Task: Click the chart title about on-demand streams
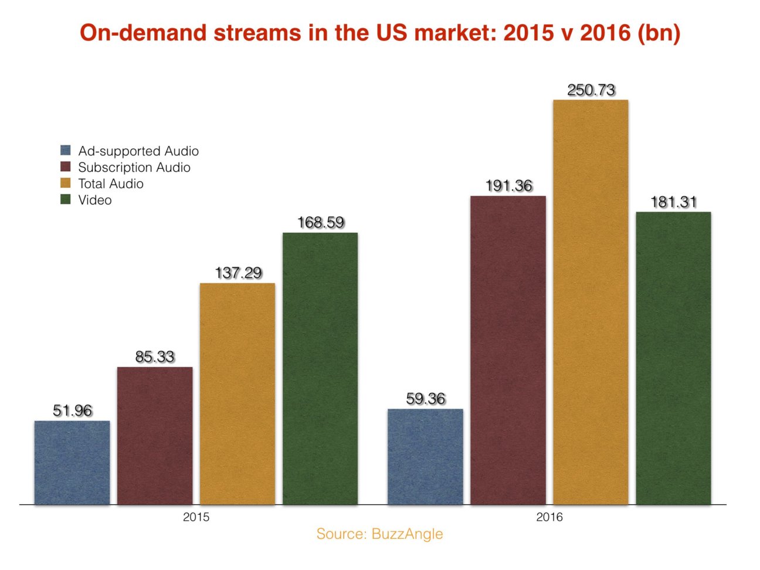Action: (380, 33)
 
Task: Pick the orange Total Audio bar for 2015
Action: (238, 393)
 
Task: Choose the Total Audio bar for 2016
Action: (591, 302)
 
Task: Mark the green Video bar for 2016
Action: (673, 358)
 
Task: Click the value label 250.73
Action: (591, 90)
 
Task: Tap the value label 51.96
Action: (73, 410)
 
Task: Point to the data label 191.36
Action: (508, 186)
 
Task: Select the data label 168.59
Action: (321, 223)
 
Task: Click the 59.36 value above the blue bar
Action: (426, 399)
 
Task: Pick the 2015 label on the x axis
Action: (196, 517)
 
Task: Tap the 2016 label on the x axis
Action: (549, 517)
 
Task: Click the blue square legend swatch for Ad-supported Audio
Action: (66, 151)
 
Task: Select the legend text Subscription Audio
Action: (134, 168)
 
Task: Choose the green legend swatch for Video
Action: (66, 200)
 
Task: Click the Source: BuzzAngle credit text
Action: (379, 534)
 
